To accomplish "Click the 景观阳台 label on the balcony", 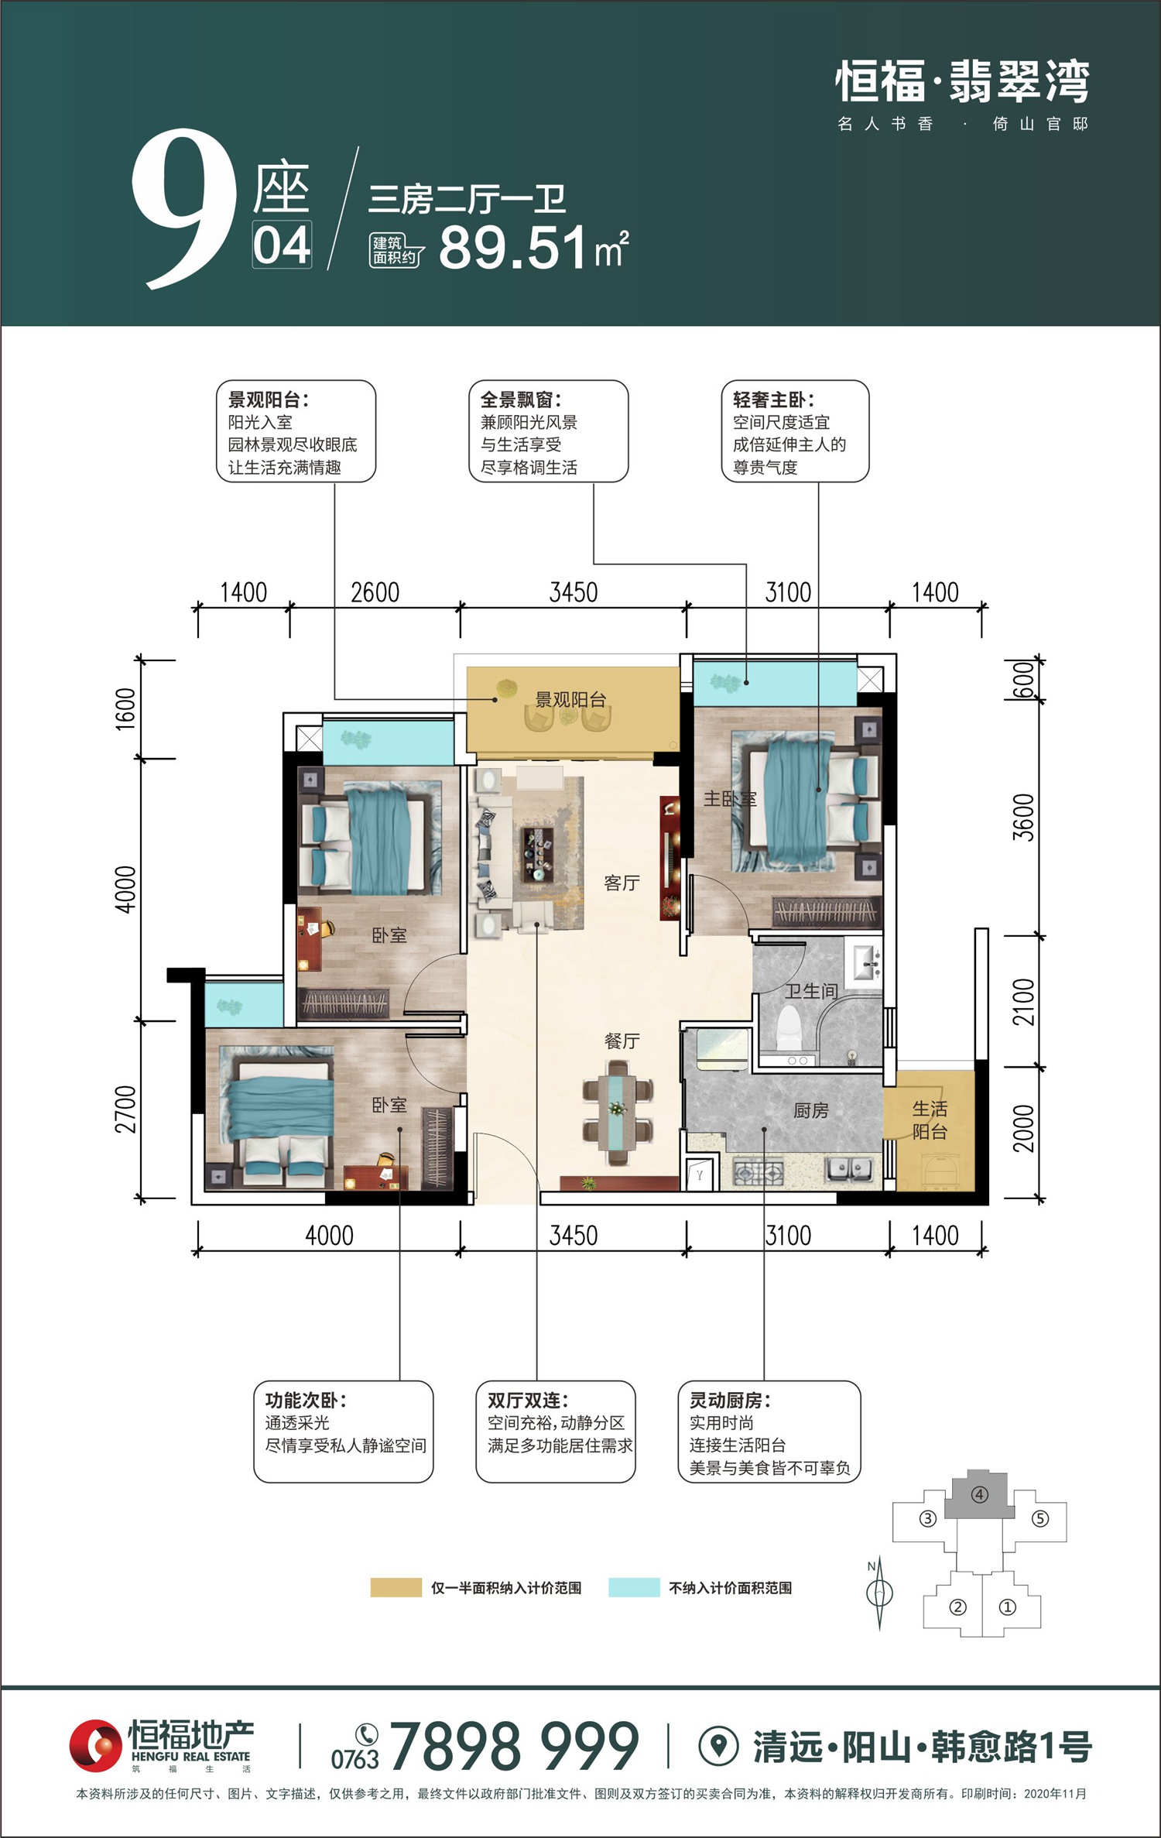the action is (570, 700).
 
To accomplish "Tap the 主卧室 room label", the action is (730, 798).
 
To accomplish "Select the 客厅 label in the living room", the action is (622, 883).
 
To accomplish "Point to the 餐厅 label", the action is (622, 1041).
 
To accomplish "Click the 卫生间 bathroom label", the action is (812, 991).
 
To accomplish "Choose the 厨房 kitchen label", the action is (811, 1111).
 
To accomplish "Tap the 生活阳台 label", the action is (930, 1120).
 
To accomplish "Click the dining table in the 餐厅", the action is (618, 1113).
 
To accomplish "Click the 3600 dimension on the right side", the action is (1023, 818).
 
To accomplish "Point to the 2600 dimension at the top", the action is (375, 593).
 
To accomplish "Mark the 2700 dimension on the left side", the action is (125, 1109).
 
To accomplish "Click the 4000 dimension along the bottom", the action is (329, 1236).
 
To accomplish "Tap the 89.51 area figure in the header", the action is (513, 248).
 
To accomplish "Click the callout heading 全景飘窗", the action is (518, 400).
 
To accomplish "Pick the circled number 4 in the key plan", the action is (979, 1495).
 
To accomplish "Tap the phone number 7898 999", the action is (515, 1747).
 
